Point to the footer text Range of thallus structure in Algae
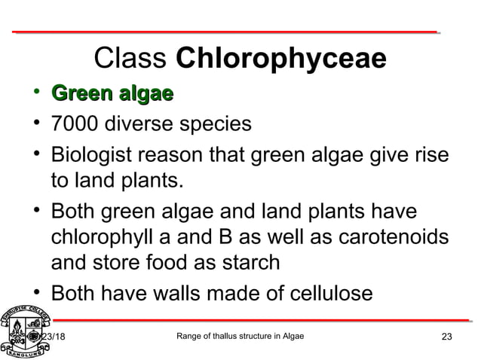click(x=239, y=336)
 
